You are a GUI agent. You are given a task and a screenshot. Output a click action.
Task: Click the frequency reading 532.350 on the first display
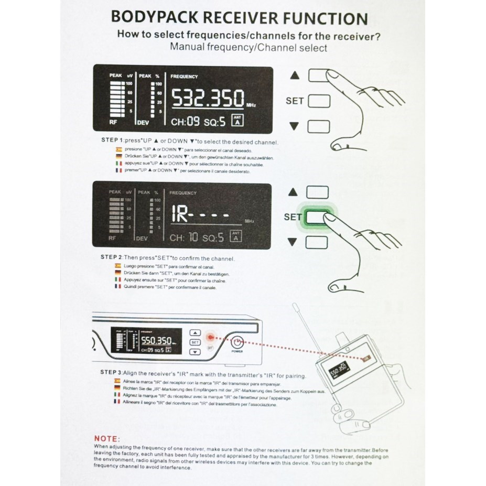[208, 99]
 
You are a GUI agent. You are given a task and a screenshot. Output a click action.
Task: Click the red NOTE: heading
[107, 438]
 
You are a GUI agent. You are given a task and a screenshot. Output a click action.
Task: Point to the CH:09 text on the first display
[186, 122]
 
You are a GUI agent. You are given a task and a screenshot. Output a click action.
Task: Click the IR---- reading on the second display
[199, 214]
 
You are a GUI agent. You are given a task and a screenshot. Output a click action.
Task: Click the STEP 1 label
[111, 142]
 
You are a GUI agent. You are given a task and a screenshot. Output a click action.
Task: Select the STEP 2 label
[111, 258]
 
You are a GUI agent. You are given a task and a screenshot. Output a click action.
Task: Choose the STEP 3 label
[111, 372]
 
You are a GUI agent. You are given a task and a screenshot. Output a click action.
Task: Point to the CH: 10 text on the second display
[184, 237]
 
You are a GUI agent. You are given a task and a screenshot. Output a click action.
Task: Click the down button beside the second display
[317, 242]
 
